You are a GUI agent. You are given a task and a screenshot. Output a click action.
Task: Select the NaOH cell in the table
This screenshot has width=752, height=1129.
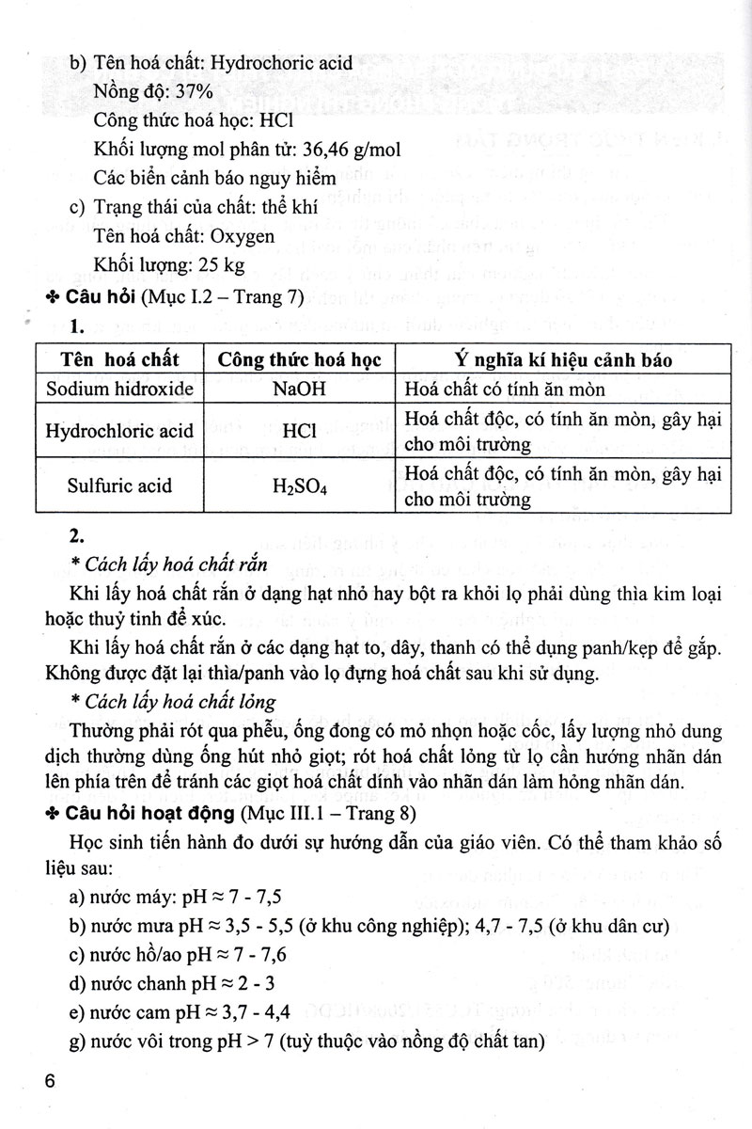tap(297, 389)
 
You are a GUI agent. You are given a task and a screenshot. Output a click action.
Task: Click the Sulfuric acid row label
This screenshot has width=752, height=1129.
tap(115, 486)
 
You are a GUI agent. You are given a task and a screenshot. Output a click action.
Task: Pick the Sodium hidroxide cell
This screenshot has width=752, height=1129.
tap(115, 389)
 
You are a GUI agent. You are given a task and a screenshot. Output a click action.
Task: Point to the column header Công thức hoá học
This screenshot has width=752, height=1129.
tap(297, 360)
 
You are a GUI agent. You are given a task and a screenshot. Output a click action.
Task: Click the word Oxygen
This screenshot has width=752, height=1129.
tap(243, 235)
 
